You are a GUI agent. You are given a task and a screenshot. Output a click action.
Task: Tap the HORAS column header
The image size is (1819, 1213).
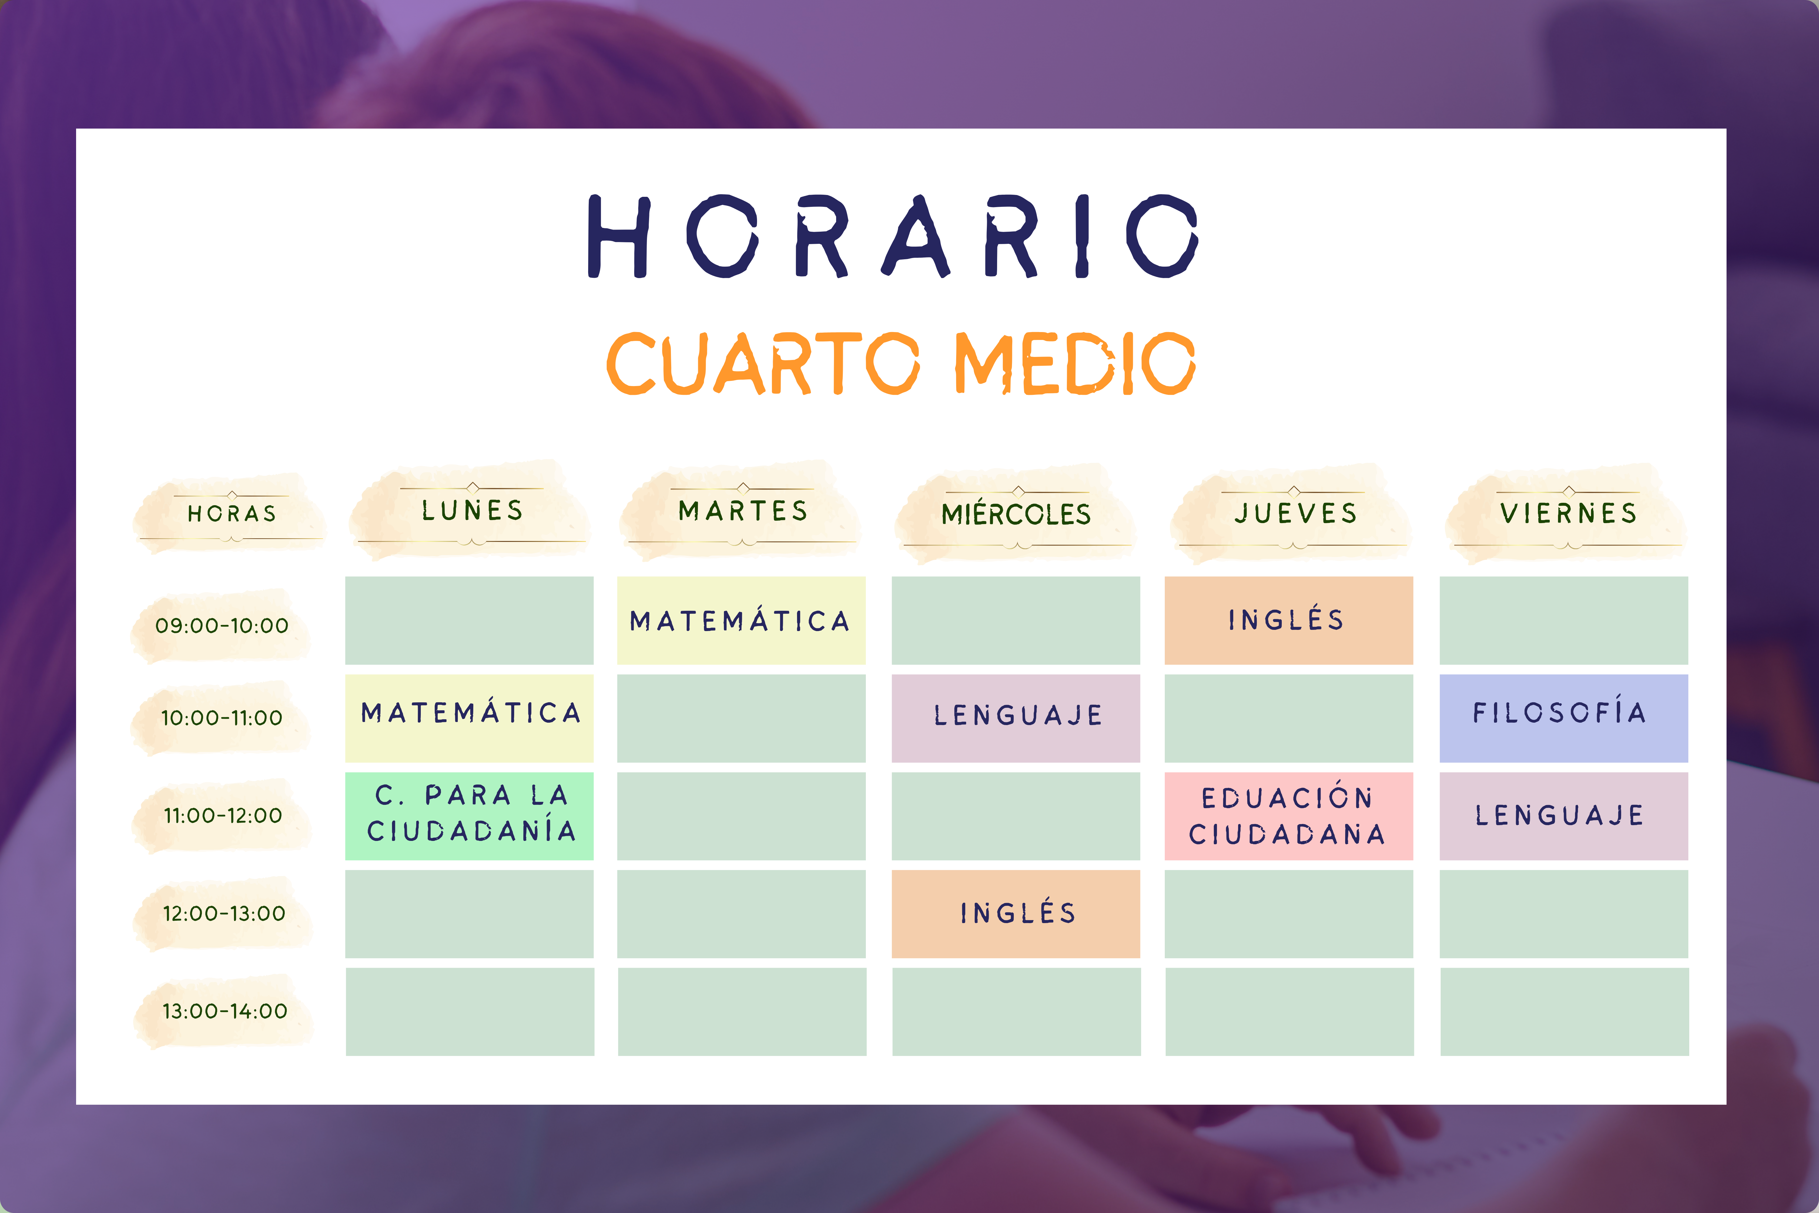[x=231, y=514]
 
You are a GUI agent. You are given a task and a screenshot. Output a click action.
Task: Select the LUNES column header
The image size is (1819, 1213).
[x=472, y=511]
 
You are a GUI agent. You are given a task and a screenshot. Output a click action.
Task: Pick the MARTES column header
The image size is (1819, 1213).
[x=742, y=511]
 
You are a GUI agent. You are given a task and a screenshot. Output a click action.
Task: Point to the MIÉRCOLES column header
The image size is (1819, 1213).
[x=1015, y=514]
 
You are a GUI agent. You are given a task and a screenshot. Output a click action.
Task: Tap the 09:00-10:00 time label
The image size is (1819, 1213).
[x=222, y=625]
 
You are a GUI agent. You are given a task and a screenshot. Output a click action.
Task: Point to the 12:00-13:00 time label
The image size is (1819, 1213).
[x=223, y=914]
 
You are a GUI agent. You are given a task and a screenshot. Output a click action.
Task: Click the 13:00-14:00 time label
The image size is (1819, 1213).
[x=224, y=1011]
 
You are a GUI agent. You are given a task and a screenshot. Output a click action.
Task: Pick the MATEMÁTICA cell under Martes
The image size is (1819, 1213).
[x=741, y=620]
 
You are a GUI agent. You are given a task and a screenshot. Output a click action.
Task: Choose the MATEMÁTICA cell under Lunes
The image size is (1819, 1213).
[x=469, y=718]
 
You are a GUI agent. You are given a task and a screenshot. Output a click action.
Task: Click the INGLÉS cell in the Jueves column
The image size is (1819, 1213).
[x=1288, y=620]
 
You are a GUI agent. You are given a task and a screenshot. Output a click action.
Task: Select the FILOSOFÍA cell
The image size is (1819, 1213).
[x=1564, y=718]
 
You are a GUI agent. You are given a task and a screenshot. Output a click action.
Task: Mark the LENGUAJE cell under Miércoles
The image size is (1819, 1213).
[x=1015, y=718]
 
